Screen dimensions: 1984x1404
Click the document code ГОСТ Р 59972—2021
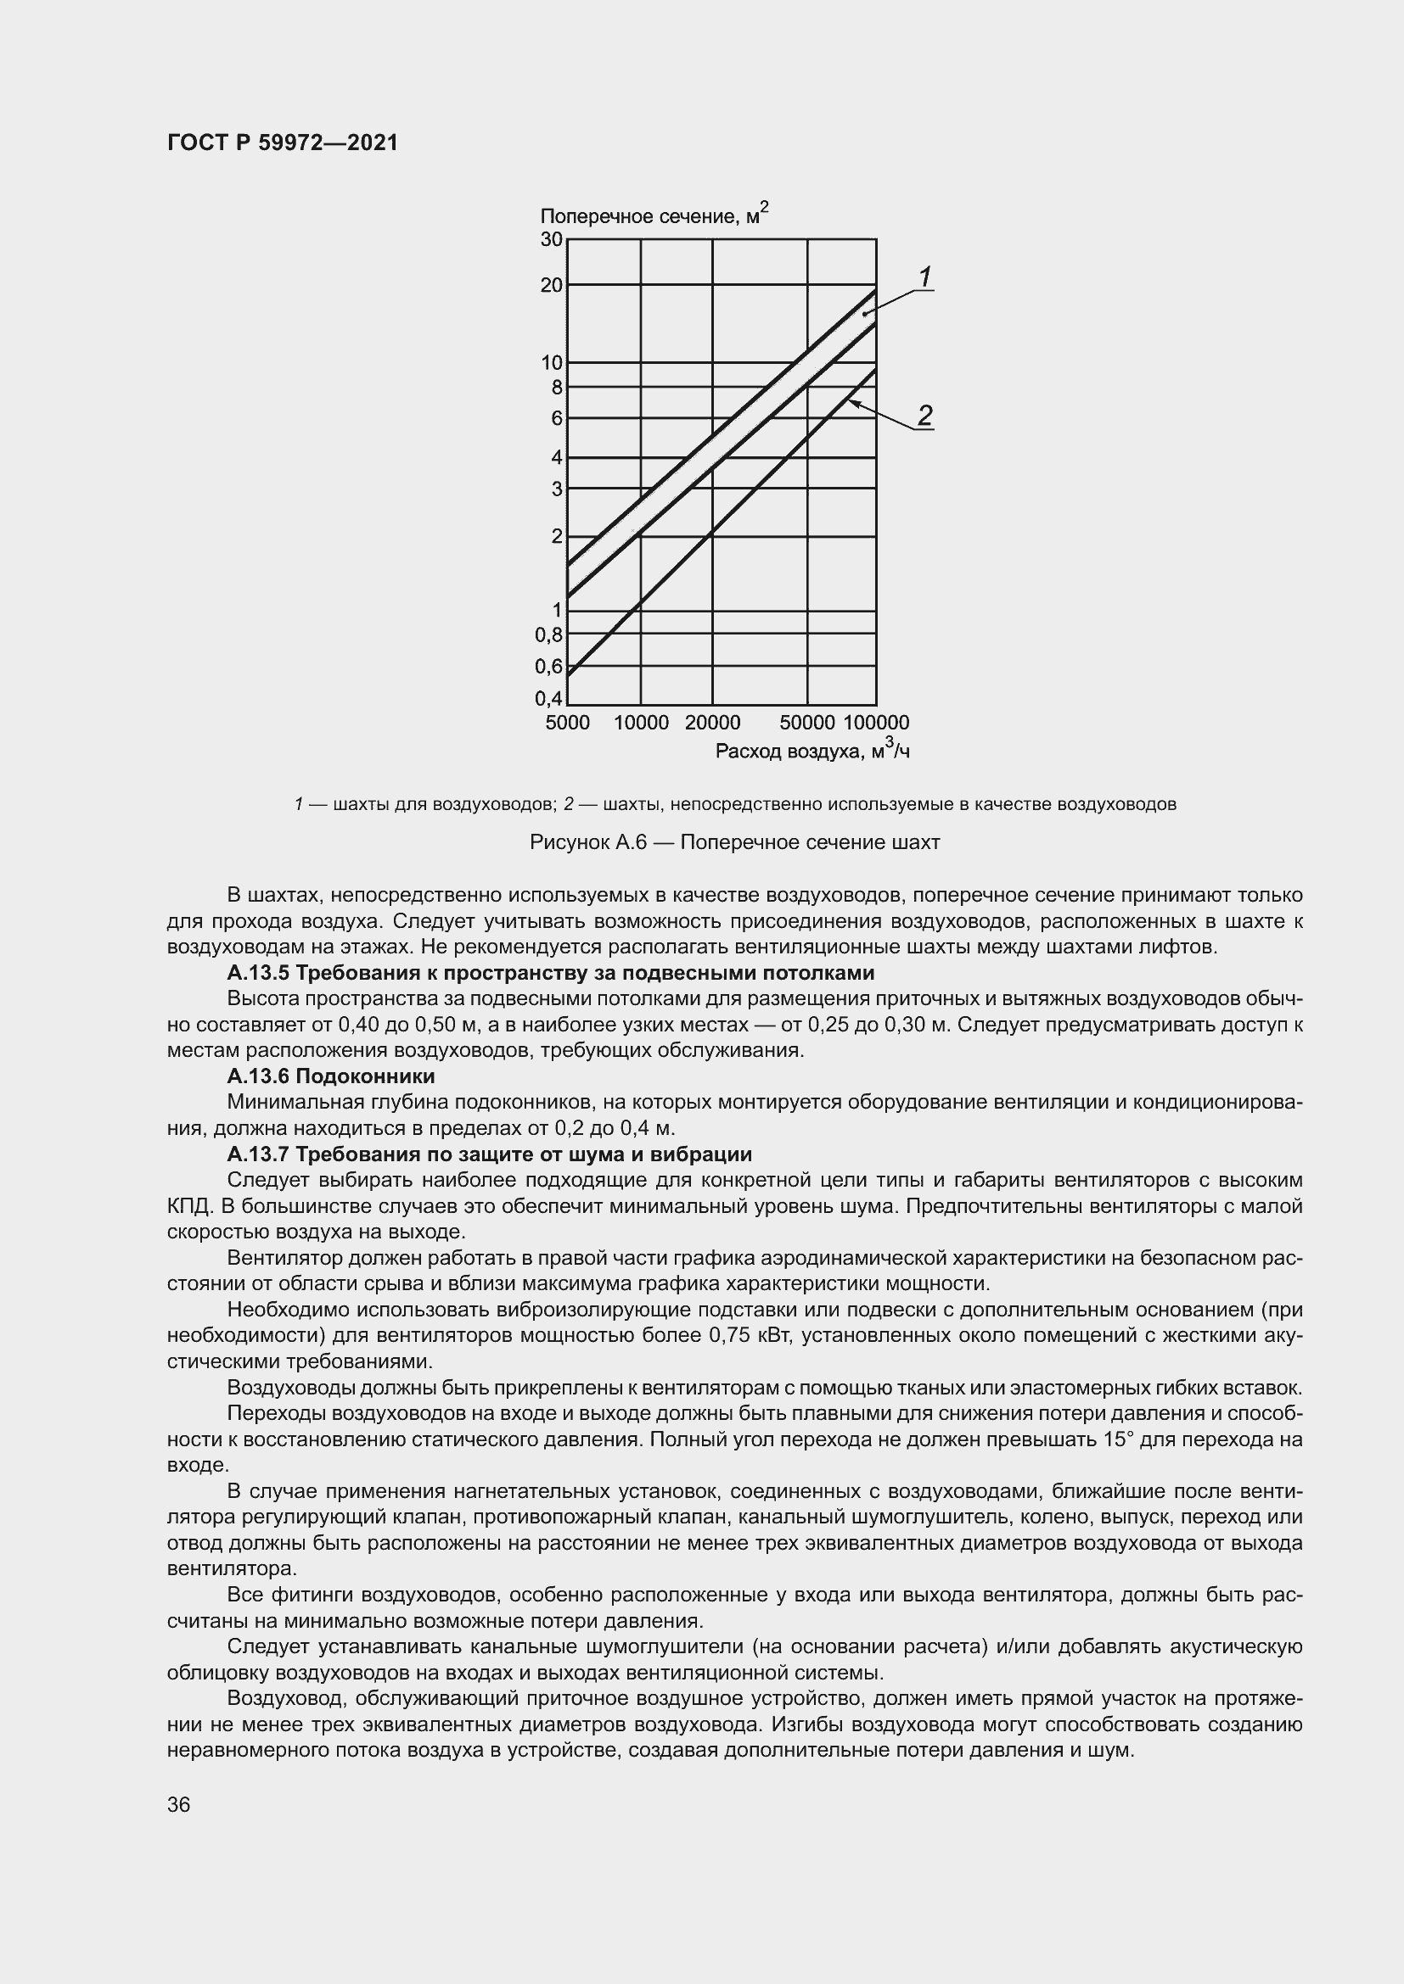(x=283, y=143)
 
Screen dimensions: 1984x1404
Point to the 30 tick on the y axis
(x=552, y=239)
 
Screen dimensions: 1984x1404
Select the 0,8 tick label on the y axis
(x=549, y=635)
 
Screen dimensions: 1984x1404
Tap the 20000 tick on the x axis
(x=712, y=723)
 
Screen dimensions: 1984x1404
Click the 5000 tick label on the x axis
(x=567, y=723)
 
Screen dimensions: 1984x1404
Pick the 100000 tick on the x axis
(x=876, y=723)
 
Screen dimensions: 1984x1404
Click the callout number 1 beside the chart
(x=925, y=278)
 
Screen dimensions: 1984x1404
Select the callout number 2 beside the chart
(x=925, y=416)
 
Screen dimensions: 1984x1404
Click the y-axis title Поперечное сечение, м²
(x=654, y=215)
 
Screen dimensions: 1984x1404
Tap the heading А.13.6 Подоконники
(x=330, y=1076)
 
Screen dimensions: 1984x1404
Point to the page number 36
(x=179, y=1804)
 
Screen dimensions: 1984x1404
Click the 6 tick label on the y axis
(x=557, y=418)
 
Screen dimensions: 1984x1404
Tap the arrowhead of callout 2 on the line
(x=852, y=402)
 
